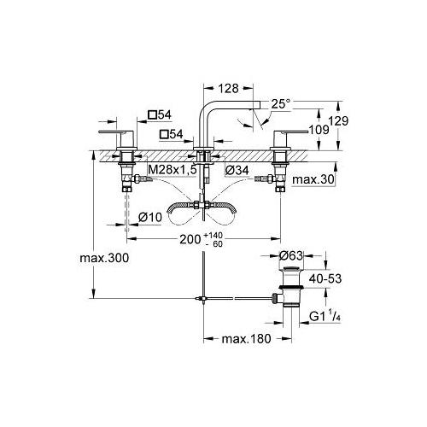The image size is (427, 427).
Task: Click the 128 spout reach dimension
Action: (x=229, y=89)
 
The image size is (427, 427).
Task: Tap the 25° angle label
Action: (x=281, y=104)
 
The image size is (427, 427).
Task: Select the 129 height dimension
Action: (x=339, y=121)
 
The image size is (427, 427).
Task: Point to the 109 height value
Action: (x=319, y=130)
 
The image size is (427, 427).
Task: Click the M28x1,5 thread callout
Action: (x=173, y=170)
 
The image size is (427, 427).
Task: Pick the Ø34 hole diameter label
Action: (x=237, y=170)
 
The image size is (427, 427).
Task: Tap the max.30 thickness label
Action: (x=313, y=179)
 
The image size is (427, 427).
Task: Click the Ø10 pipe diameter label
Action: (x=150, y=218)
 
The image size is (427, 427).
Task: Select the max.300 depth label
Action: (x=104, y=258)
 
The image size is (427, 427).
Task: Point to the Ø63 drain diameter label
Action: (x=291, y=255)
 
